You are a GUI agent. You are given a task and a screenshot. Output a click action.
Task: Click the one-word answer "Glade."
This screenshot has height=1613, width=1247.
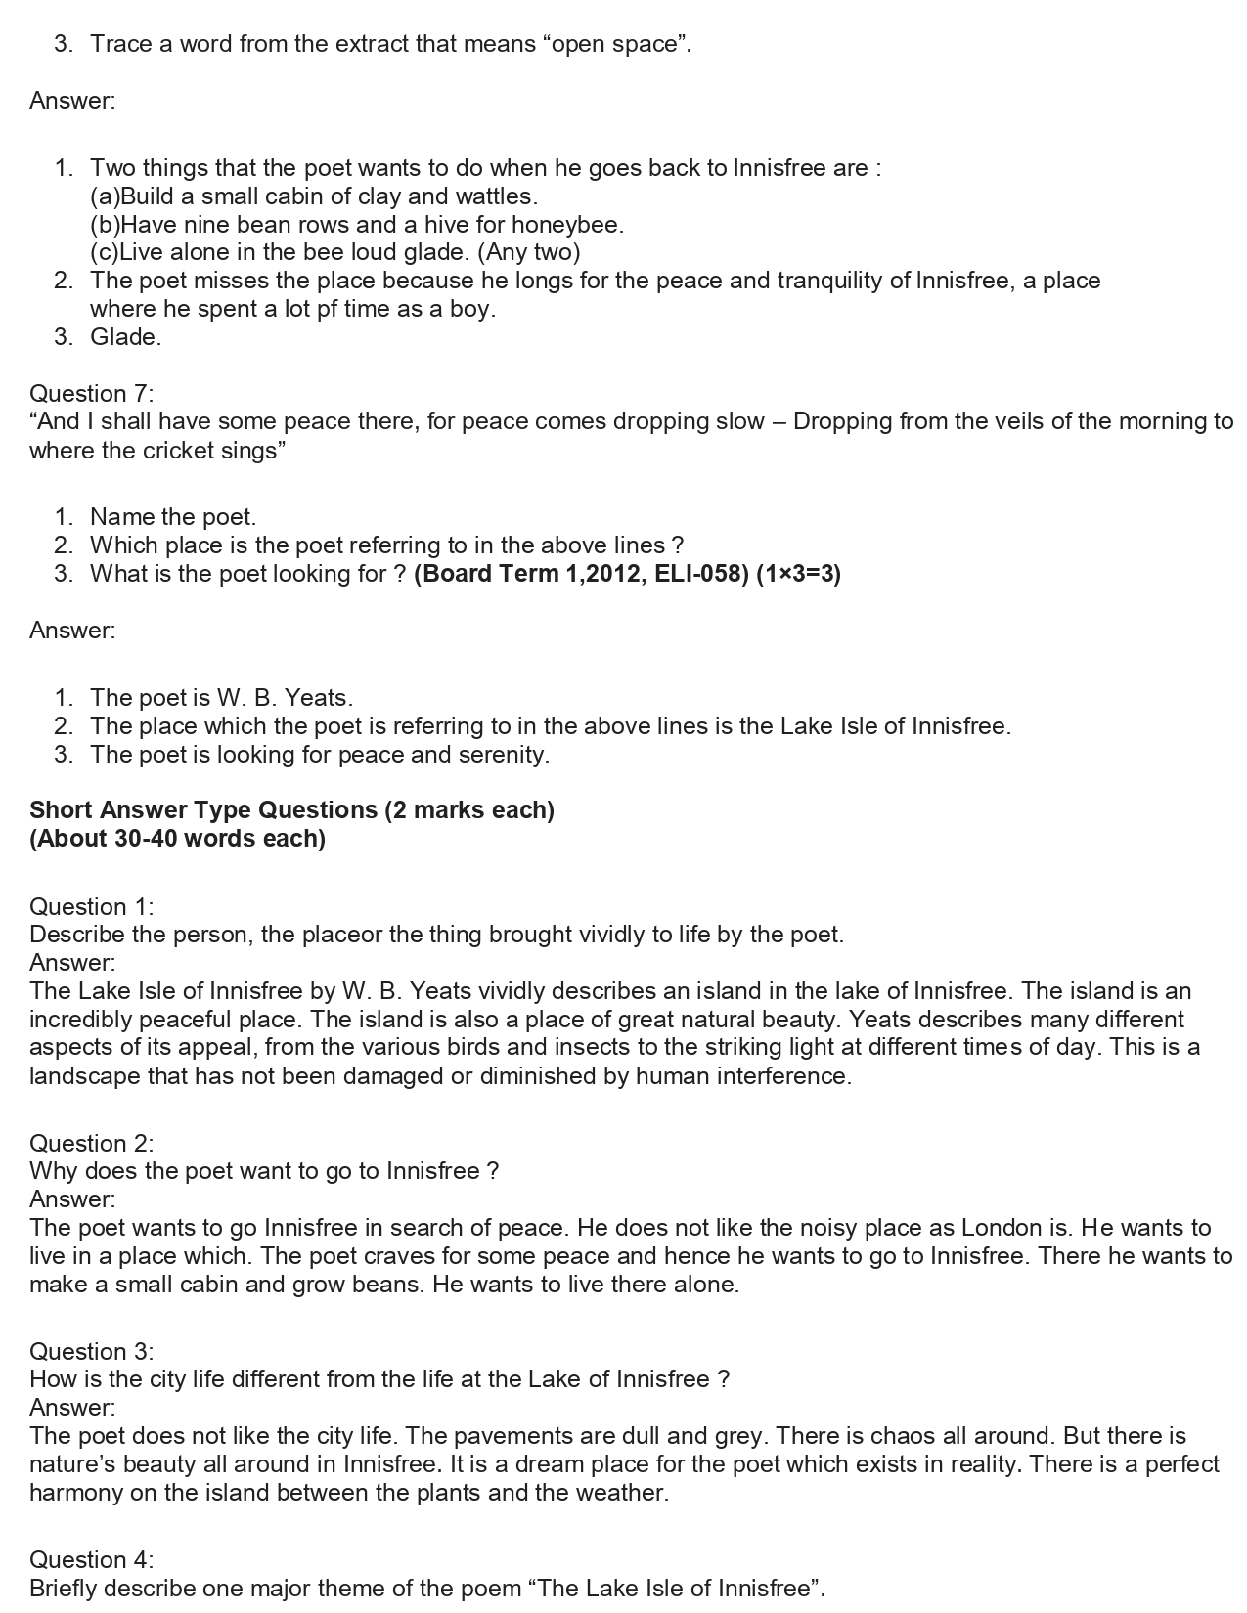[x=125, y=337]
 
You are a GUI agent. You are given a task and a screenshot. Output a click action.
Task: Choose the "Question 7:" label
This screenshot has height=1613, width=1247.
[x=91, y=394]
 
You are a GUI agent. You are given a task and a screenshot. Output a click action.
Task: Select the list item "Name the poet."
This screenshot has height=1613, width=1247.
[x=173, y=517]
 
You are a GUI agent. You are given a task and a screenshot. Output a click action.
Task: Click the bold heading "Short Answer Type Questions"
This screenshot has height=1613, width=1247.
[x=203, y=810]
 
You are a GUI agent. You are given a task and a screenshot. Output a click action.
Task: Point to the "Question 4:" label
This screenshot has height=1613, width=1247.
[x=91, y=1559]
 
